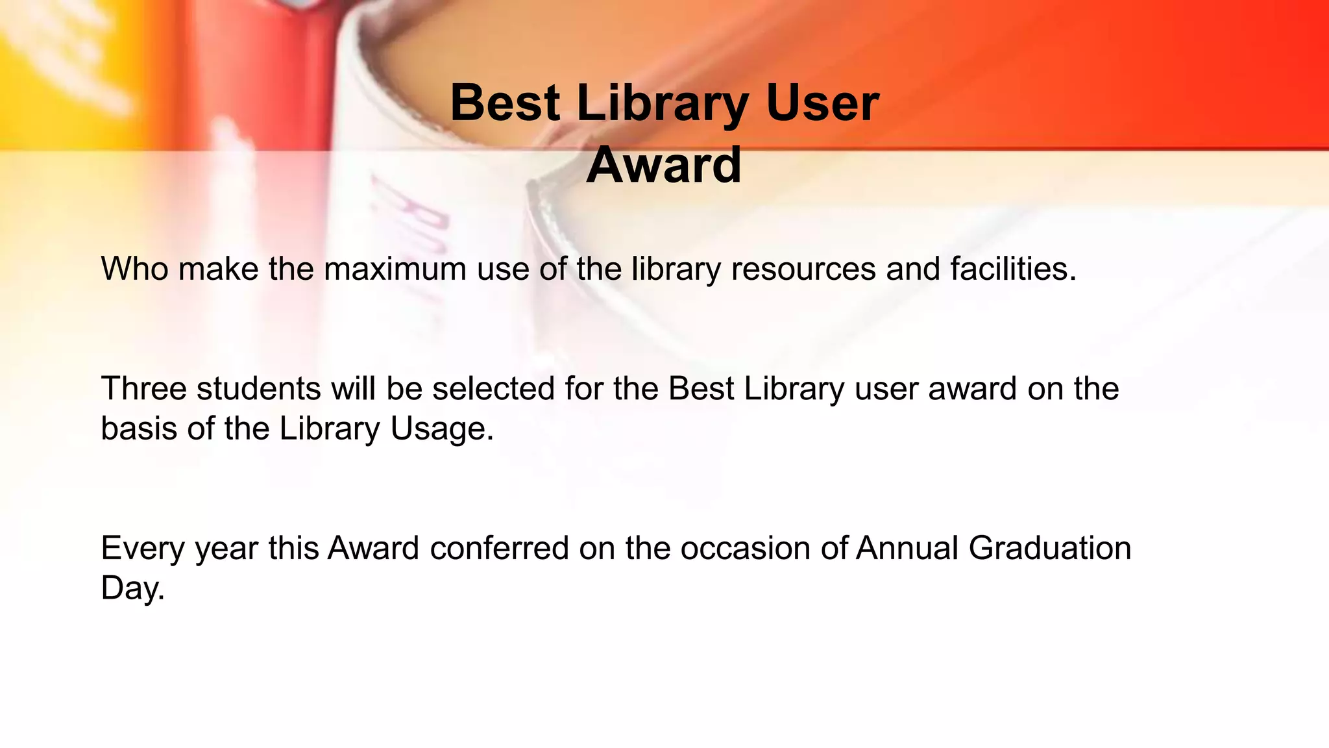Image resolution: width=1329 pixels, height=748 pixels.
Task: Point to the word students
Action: point(259,388)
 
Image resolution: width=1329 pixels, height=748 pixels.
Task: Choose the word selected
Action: point(493,388)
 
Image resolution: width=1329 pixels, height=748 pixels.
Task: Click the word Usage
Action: point(442,429)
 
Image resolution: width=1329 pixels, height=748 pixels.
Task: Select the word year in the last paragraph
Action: point(226,549)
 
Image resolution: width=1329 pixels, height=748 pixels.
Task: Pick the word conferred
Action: point(499,548)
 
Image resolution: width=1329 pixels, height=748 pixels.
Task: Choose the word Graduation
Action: point(1050,548)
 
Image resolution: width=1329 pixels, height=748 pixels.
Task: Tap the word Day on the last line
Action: point(132,588)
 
